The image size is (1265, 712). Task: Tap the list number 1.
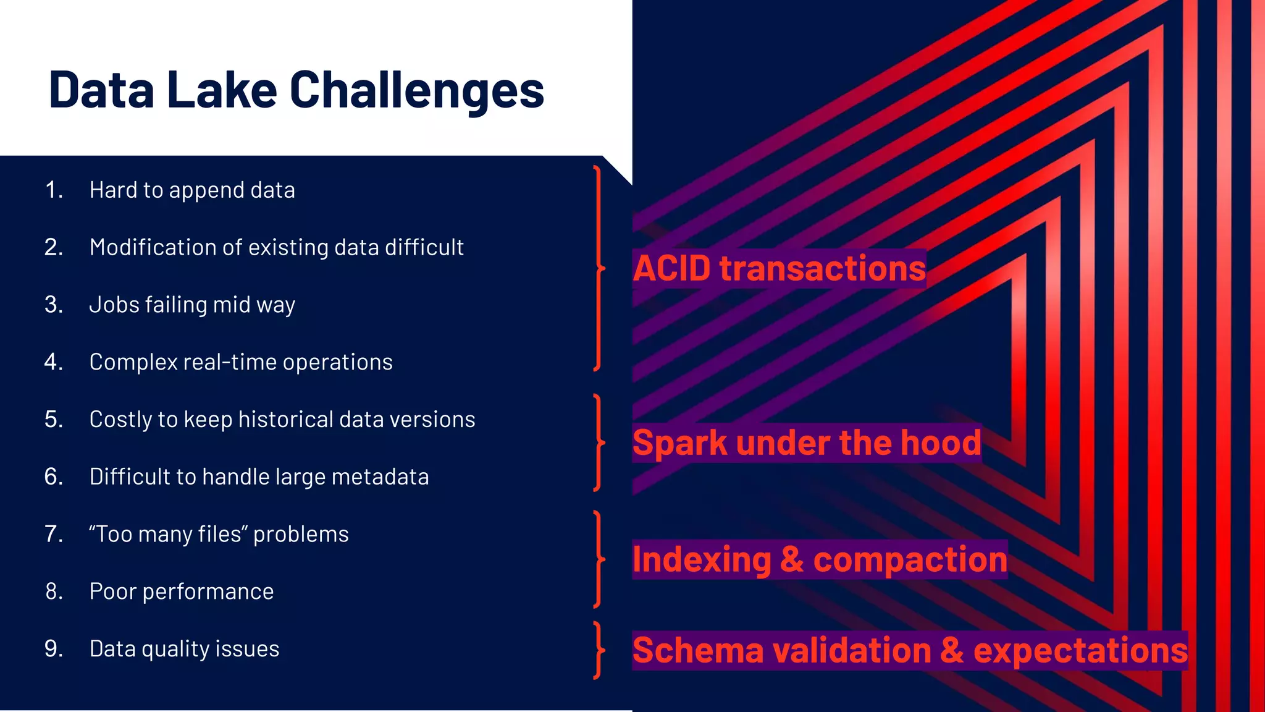point(54,190)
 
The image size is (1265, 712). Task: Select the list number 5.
point(54,419)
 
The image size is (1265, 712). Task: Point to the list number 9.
point(54,648)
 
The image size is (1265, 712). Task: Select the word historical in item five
point(285,419)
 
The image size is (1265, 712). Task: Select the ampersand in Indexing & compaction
point(792,559)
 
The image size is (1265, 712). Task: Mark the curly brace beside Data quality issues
point(597,650)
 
